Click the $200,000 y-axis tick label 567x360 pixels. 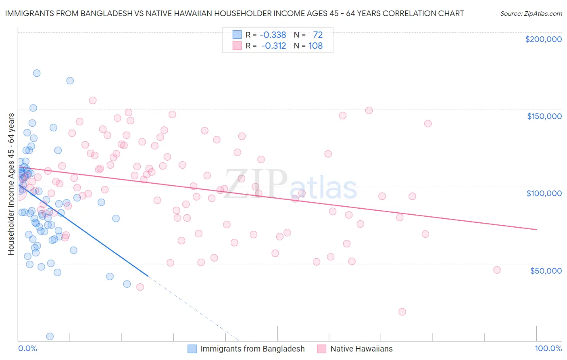pyautogui.click(x=543, y=39)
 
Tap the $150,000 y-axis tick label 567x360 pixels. pyautogui.click(x=544, y=116)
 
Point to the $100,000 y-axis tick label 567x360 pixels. pyautogui.click(x=544, y=193)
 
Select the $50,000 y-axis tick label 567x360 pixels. pyautogui.click(x=546, y=270)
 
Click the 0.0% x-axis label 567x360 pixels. pyautogui.click(x=27, y=348)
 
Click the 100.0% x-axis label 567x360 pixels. pyautogui.click(x=548, y=348)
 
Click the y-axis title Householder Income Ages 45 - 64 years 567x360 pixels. pyautogui.click(x=11, y=184)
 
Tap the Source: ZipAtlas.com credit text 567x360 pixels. pyautogui.click(x=531, y=14)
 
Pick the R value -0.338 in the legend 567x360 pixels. pyautogui.click(x=273, y=35)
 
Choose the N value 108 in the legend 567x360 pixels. pyautogui.click(x=315, y=46)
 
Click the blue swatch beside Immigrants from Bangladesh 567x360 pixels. pyautogui.click(x=192, y=349)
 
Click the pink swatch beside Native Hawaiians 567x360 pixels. pyautogui.click(x=321, y=349)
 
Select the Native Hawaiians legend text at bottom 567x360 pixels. pyautogui.click(x=361, y=349)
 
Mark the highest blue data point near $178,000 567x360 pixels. pyautogui.click(x=37, y=73)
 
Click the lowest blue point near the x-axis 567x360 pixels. pyautogui.click(x=50, y=336)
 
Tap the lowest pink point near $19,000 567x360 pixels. pyautogui.click(x=402, y=312)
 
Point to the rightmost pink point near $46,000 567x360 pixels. pyautogui.click(x=497, y=270)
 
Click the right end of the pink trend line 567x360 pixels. pyautogui.click(x=536, y=229)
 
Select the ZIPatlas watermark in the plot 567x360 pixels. pyautogui.click(x=290, y=185)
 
